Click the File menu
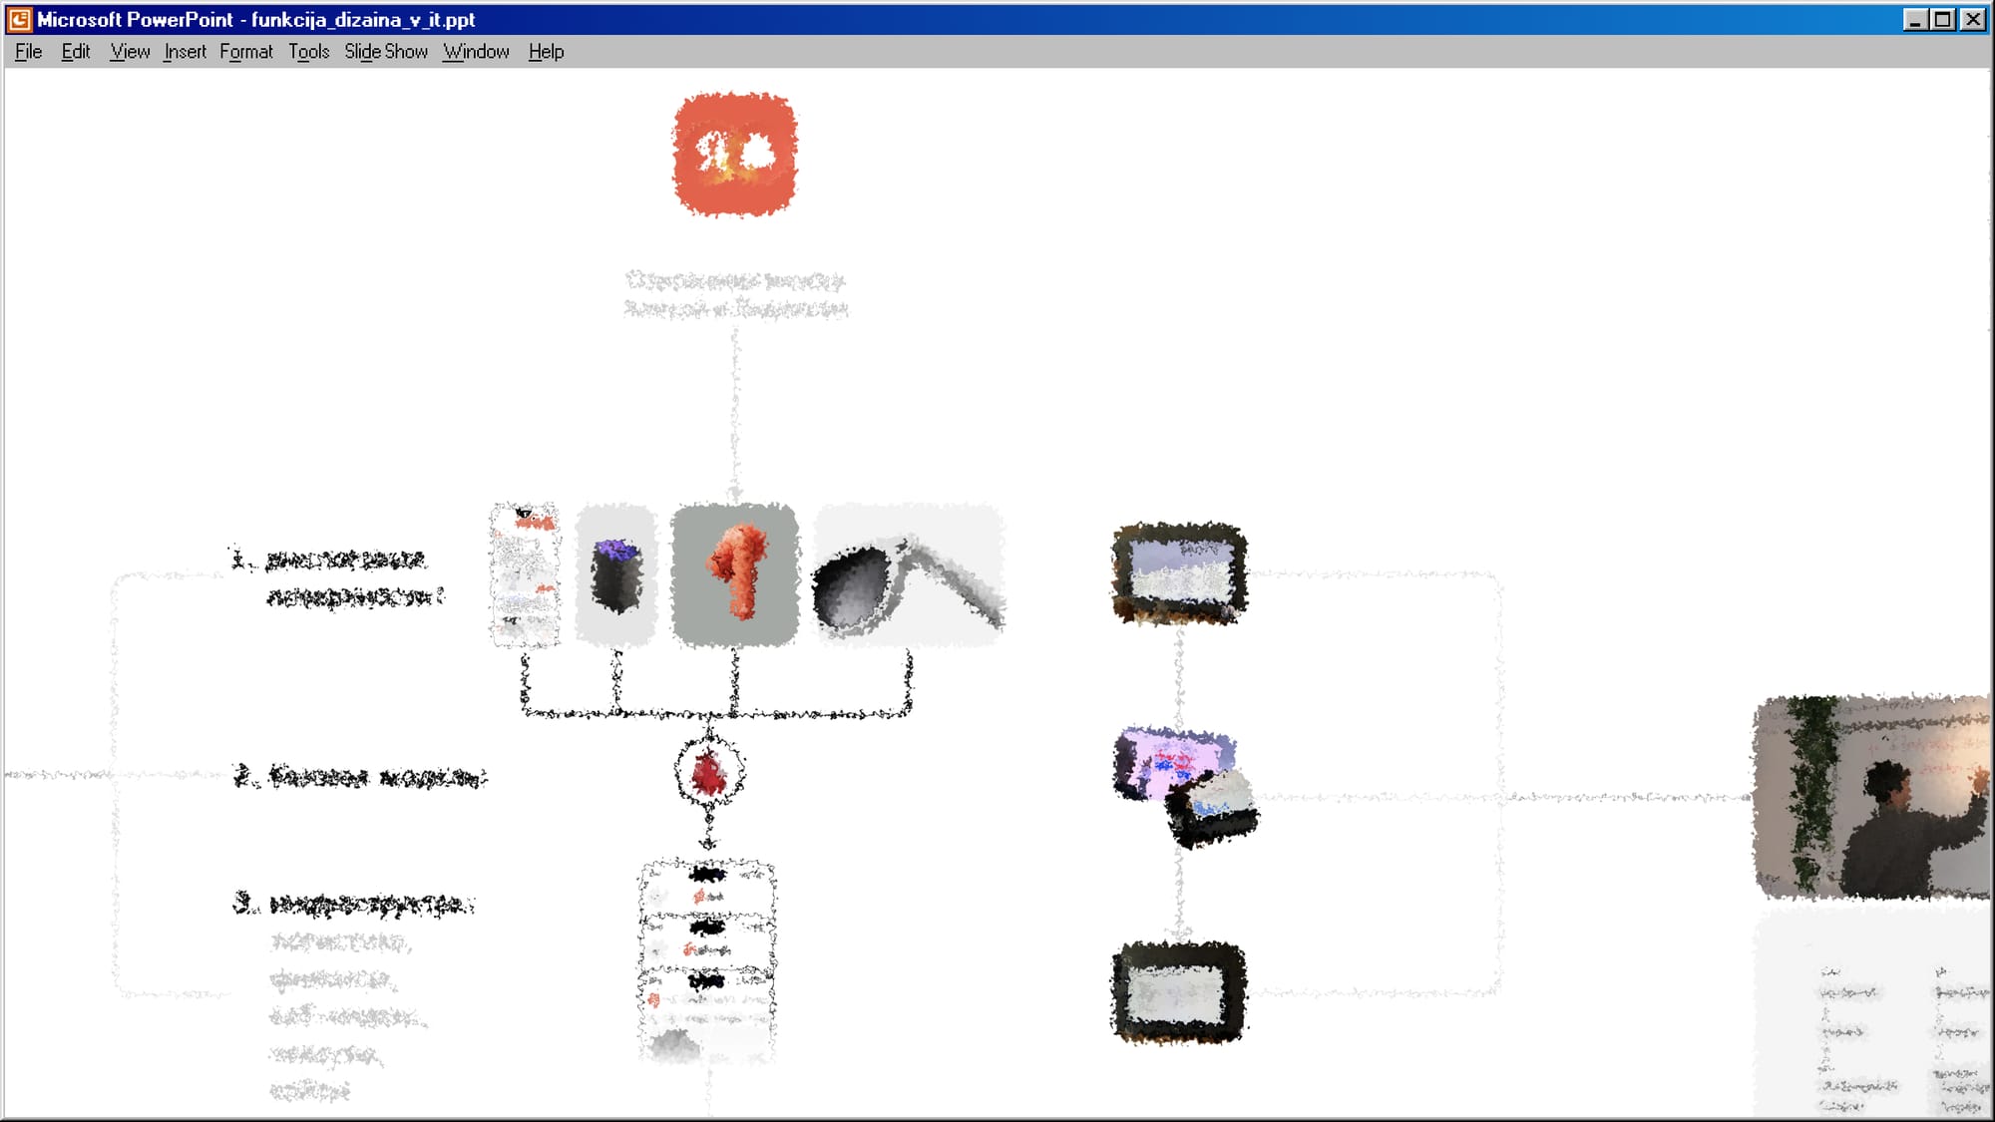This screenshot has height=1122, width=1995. [28, 52]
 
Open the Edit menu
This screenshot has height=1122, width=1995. [76, 52]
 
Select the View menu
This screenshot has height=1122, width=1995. [130, 52]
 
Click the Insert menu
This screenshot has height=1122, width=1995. [185, 52]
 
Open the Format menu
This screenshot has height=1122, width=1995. [245, 52]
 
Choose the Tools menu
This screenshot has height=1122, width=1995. [308, 52]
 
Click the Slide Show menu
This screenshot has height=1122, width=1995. [385, 52]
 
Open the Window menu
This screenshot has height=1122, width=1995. [476, 52]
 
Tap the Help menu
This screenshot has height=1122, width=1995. [546, 52]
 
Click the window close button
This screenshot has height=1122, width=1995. [1973, 19]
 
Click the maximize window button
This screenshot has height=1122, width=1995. [1943, 19]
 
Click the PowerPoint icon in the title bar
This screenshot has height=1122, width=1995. [19, 19]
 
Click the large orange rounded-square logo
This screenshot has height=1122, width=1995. [735, 155]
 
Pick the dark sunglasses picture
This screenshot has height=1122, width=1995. [908, 575]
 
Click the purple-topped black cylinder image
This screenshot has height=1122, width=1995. [615, 575]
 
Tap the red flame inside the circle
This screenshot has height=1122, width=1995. [708, 774]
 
